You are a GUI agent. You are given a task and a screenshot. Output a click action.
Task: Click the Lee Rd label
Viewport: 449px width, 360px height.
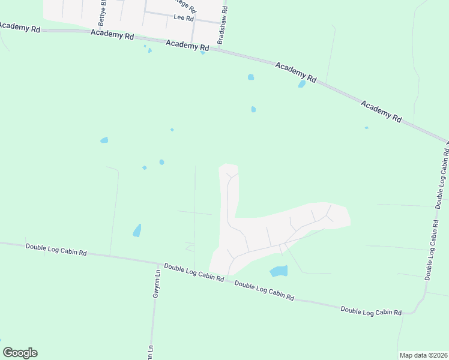(183, 18)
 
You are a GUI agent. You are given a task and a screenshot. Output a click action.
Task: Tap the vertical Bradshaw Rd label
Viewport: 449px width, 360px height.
(221, 25)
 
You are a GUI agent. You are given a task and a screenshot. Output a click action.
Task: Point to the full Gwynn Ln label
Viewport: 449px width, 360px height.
(156, 284)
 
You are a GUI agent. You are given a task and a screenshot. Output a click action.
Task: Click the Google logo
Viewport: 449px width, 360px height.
(20, 353)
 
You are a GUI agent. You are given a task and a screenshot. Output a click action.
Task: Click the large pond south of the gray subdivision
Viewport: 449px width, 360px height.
(279, 271)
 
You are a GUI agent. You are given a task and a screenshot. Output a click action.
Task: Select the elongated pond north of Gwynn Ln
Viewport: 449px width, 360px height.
(137, 230)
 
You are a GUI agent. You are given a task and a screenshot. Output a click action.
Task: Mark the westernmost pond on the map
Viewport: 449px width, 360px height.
(104, 140)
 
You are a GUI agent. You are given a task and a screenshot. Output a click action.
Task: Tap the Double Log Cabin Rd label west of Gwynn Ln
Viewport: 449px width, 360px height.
(56, 249)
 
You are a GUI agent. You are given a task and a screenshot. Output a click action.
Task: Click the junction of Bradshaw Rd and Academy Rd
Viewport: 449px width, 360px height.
(218, 49)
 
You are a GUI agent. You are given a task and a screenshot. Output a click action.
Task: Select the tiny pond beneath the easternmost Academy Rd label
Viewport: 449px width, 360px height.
(366, 128)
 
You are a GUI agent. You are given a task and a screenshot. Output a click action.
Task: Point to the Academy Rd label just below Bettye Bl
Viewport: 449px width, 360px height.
(112, 35)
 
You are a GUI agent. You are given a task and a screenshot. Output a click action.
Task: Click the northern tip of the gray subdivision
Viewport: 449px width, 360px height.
(228, 166)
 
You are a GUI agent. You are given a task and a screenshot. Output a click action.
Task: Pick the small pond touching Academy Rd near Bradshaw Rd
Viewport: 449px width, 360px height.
(203, 53)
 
